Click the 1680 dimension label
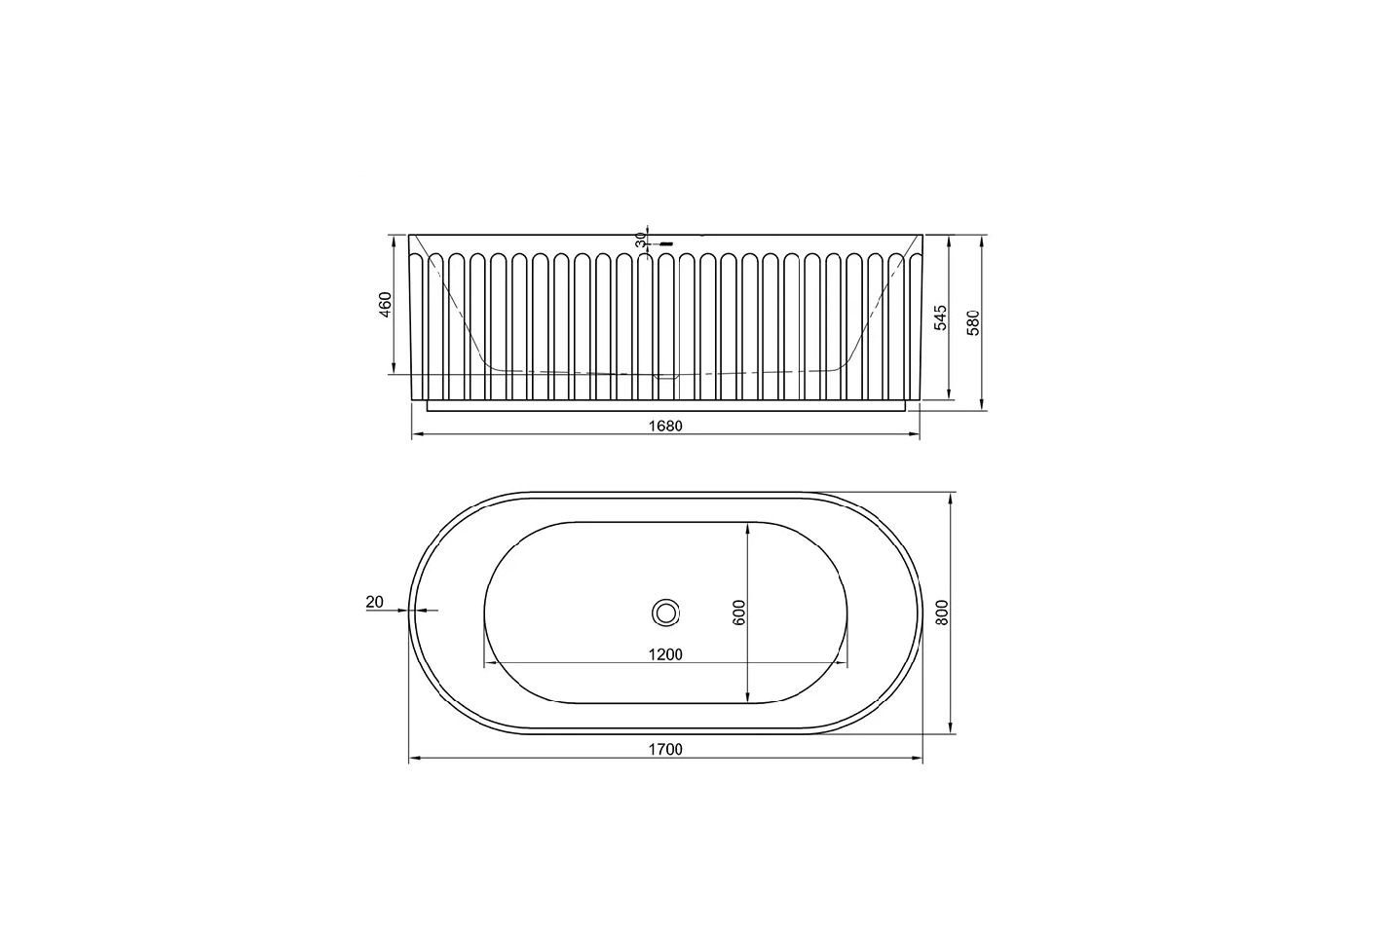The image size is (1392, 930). pos(665,426)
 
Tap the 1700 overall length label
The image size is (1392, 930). pos(665,749)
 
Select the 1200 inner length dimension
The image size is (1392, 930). pos(665,654)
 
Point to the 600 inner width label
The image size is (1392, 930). pos(739,612)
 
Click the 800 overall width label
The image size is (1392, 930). pos(942,612)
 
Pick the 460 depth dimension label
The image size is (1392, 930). pos(386,305)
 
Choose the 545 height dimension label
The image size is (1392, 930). pos(941,317)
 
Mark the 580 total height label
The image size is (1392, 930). pos(973,322)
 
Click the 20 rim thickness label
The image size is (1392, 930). pos(375,602)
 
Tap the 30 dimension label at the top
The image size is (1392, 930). pos(641,240)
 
